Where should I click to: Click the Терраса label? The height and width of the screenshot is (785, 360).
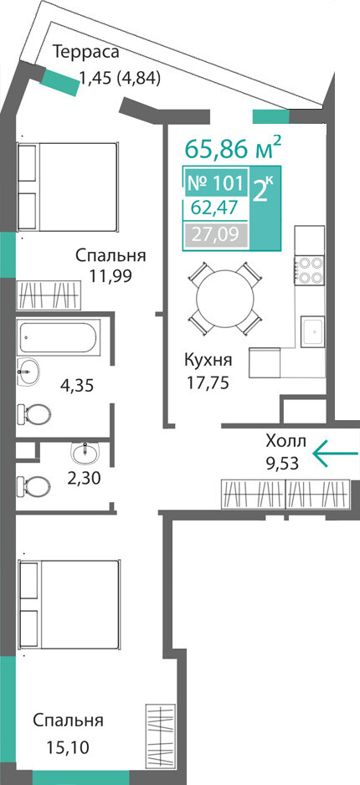coord(86,52)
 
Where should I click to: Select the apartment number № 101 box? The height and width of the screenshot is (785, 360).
coord(216,183)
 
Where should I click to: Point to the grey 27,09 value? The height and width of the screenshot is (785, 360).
coord(216,233)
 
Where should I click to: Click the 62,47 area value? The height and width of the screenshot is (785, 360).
coord(215,207)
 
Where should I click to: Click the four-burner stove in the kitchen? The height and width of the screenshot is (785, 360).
coord(310,271)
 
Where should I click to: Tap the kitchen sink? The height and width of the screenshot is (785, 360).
coord(312,331)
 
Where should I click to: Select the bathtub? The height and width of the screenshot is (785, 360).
coord(58,337)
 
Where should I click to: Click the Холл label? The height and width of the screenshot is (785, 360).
coord(285,442)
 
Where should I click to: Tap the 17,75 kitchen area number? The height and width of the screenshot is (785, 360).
coord(208,382)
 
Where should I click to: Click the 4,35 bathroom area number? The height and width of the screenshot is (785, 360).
coord(77,386)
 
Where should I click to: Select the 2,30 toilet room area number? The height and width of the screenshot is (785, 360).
coord(84,479)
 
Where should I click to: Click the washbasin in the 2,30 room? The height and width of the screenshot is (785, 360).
coord(86,454)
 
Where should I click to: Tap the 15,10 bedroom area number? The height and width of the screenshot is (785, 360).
coord(68,748)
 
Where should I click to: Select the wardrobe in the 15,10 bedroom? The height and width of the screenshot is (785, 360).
coord(160,738)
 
